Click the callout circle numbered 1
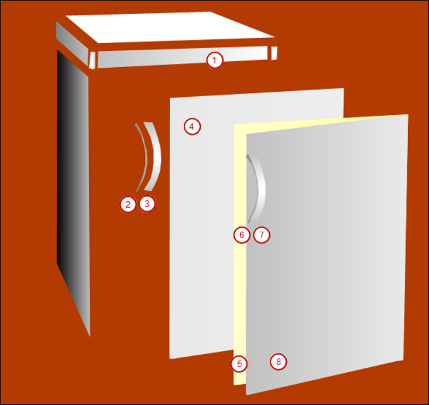(x=215, y=60)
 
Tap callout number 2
(x=127, y=204)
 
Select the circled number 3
(x=147, y=204)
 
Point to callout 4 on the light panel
(x=192, y=127)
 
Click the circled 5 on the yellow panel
(x=239, y=363)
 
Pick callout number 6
(x=241, y=235)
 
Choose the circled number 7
(x=262, y=235)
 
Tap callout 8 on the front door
(x=278, y=361)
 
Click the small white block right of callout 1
(x=274, y=52)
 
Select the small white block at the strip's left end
(x=92, y=60)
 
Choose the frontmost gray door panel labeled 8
(x=328, y=246)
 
